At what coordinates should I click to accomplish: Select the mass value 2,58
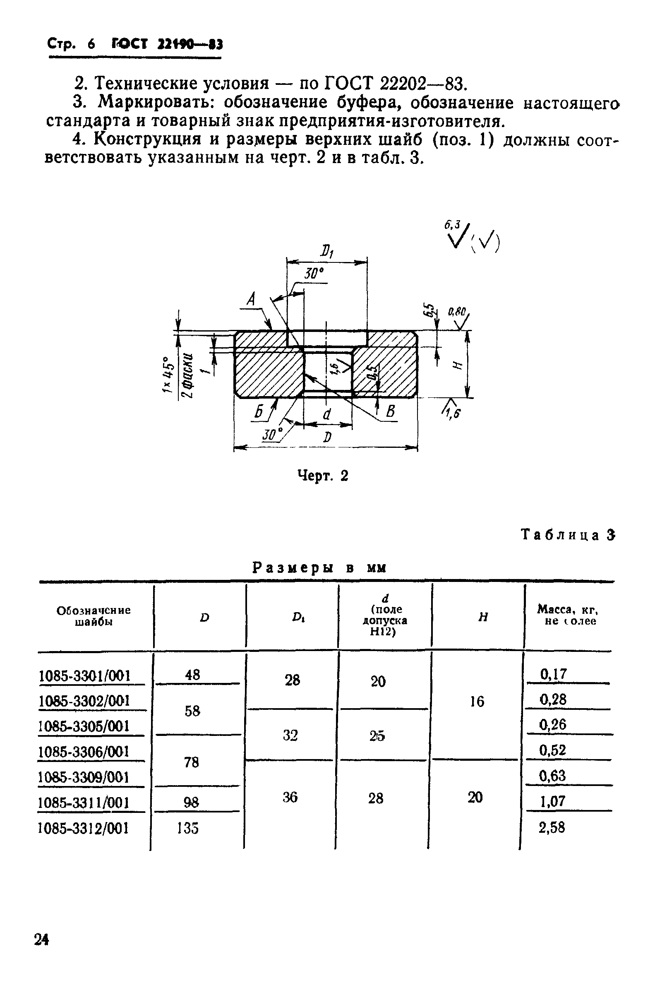[552, 828]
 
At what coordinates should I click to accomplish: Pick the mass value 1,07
[552, 801]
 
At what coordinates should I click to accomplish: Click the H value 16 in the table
[477, 702]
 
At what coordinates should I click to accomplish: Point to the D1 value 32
[290, 735]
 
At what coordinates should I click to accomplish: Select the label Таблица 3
[568, 535]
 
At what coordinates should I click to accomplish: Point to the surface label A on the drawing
[251, 300]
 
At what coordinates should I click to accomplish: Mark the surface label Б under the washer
[259, 411]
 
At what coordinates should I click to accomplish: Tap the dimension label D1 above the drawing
[326, 252]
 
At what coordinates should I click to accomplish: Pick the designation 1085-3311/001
[83, 803]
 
